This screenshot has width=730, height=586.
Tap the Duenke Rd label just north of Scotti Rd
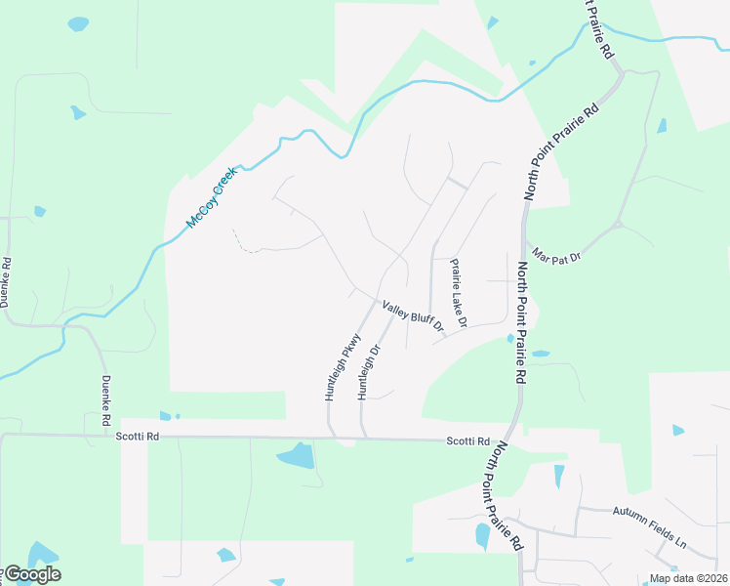click(105, 400)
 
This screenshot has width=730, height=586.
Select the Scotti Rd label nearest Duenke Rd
click(137, 437)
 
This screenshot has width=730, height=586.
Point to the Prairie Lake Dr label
click(459, 292)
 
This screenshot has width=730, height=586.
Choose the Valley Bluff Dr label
click(413, 314)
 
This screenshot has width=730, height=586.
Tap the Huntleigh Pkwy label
click(343, 368)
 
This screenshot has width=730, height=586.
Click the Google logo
click(31, 574)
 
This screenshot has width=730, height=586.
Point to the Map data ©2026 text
click(686, 578)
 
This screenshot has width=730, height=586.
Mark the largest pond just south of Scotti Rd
click(297, 455)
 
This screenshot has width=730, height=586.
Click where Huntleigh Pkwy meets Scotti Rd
click(330, 437)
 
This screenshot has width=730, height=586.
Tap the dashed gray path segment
click(247, 245)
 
